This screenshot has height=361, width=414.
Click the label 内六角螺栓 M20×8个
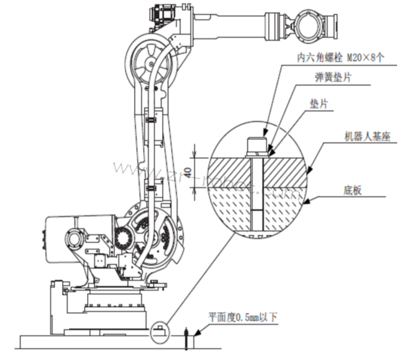click(340, 58)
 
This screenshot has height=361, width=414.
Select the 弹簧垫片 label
click(333, 77)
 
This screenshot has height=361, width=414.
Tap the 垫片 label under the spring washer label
click(319, 104)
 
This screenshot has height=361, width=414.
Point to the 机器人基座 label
click(367, 137)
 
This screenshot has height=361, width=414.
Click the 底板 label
click(352, 190)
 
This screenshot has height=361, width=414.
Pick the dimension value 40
click(189, 172)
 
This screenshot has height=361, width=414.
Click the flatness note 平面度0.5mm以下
click(243, 317)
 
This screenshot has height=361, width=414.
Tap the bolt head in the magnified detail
click(256, 146)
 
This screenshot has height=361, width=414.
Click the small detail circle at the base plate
click(160, 333)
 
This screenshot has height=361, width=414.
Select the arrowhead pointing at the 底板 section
click(306, 202)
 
